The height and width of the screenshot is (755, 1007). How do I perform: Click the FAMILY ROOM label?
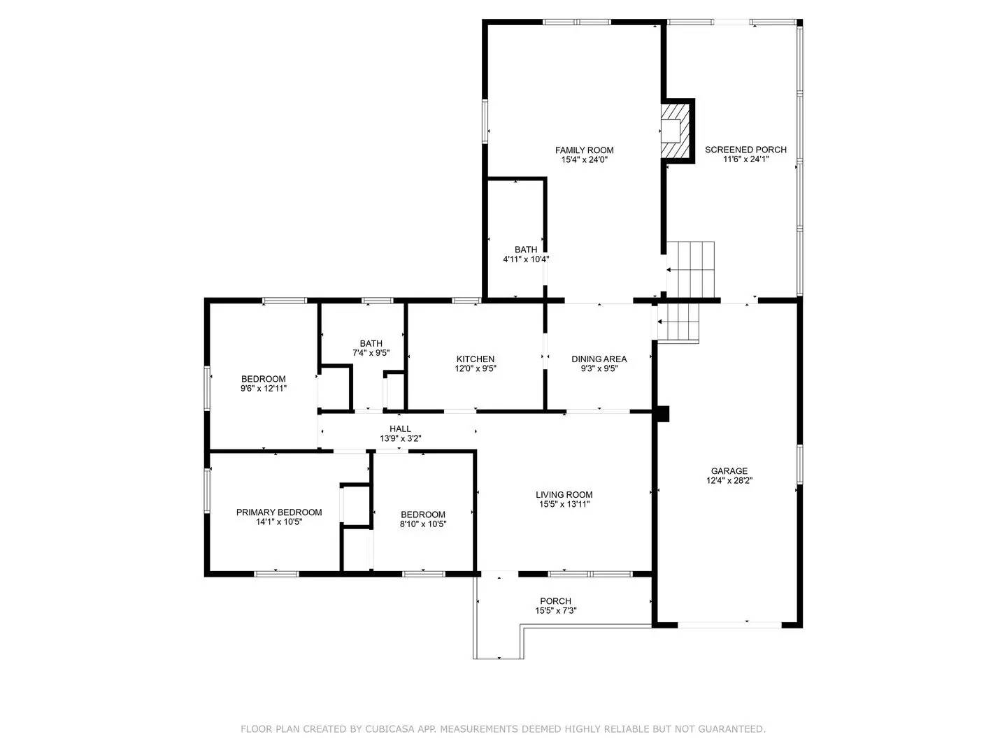(x=584, y=150)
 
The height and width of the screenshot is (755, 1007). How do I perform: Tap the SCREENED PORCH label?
(x=745, y=150)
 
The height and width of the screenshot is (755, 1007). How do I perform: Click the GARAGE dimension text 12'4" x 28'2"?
(x=729, y=480)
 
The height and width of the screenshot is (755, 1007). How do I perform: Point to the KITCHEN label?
(x=476, y=359)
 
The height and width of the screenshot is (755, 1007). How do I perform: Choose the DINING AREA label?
(x=599, y=359)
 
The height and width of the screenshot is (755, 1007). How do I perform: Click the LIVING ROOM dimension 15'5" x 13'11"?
(x=564, y=504)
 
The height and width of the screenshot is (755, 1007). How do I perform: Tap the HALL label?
(x=400, y=429)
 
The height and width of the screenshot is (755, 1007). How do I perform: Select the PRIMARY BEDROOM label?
(x=279, y=512)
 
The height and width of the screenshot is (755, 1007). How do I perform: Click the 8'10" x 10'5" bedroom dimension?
(x=423, y=524)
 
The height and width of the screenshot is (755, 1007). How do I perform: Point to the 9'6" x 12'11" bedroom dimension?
(x=264, y=388)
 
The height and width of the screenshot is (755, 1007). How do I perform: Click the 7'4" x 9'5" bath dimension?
(x=371, y=353)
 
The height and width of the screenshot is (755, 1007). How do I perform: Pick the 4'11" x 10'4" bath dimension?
(x=526, y=259)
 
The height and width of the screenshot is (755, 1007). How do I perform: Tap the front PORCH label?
(x=555, y=601)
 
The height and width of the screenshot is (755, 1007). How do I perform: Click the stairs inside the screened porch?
(x=690, y=269)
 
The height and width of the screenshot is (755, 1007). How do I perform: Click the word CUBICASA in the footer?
(x=394, y=729)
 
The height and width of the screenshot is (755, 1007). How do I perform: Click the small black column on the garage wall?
(x=662, y=414)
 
